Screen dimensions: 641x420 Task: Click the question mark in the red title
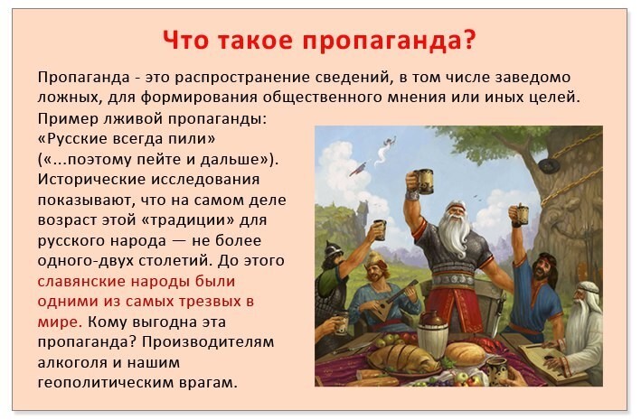469,40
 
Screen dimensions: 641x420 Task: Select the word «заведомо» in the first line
533,77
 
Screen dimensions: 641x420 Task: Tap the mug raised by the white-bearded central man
424,181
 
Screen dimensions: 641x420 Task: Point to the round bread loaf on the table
465,352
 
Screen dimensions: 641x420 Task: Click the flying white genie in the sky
385,149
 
